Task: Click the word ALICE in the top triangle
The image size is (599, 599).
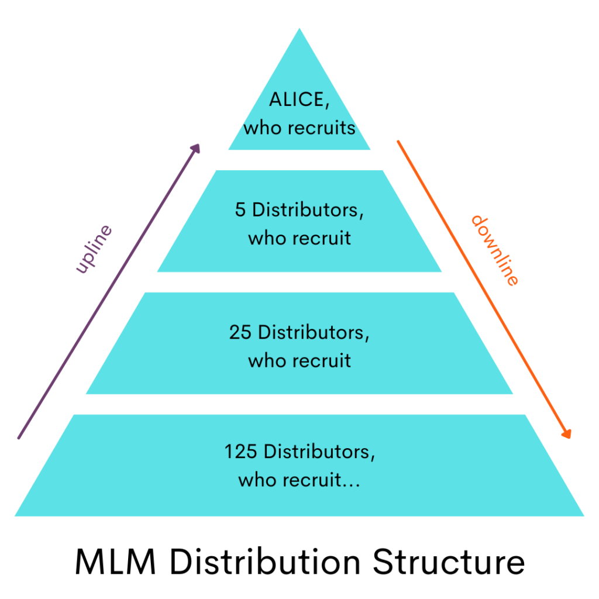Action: pyautogui.click(x=296, y=100)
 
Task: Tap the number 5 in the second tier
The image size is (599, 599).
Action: pyautogui.click(x=240, y=211)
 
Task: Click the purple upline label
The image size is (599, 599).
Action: pyautogui.click(x=94, y=248)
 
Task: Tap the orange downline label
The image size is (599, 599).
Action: pyautogui.click(x=495, y=250)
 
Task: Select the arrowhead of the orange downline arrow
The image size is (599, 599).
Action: pyautogui.click(x=566, y=433)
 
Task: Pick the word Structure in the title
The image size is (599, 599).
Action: pyautogui.click(x=449, y=562)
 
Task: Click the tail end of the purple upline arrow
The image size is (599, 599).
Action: pyautogui.click(x=19, y=438)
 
